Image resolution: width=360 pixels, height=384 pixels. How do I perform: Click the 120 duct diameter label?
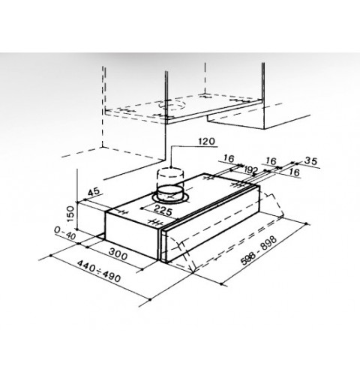206,142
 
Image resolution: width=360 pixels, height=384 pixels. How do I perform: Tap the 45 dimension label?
94,192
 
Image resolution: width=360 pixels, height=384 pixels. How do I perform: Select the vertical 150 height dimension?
70,214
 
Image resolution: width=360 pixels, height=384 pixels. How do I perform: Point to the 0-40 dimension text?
65,234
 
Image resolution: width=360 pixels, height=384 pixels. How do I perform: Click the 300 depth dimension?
118,254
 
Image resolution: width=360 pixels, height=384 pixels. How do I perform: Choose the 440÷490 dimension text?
99,271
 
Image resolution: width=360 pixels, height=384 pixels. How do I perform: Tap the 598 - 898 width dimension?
259,250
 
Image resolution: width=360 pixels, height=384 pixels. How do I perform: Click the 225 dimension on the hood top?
163,210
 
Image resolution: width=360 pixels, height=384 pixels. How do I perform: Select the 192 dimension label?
250,170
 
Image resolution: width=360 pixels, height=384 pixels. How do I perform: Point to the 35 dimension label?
311,161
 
